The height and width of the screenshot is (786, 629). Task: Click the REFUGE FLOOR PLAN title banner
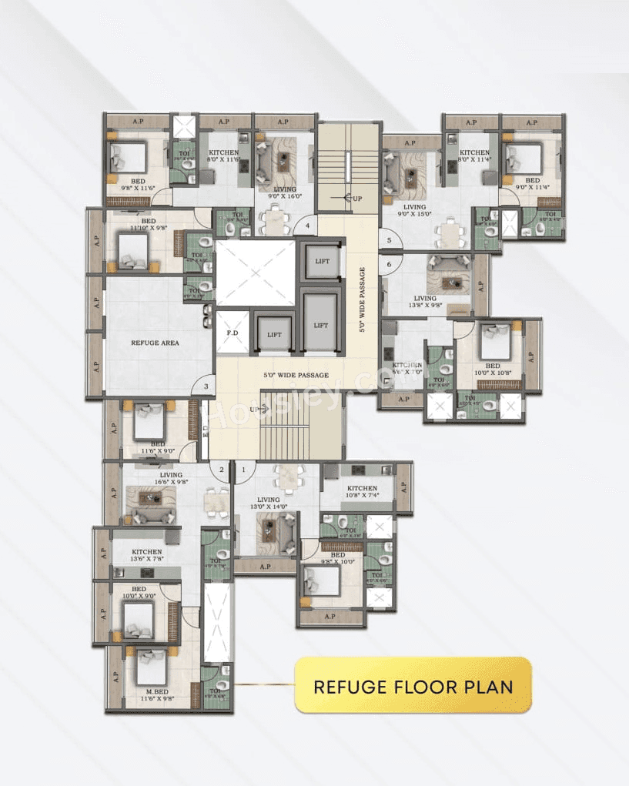click(413, 685)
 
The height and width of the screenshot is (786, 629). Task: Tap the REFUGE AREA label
click(155, 343)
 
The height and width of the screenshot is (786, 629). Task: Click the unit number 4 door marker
click(308, 226)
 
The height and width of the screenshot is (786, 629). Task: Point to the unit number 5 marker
click(390, 241)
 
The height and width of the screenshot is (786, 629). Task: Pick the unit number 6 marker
click(390, 264)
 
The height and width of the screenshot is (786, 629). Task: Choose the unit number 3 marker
click(206, 386)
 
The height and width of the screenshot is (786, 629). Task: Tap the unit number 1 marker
click(244, 470)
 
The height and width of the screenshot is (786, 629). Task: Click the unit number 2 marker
click(222, 470)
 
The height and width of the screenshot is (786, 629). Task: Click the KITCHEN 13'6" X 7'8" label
click(146, 555)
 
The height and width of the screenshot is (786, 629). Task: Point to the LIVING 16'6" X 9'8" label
click(171, 479)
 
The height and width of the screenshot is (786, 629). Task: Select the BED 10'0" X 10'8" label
click(492, 370)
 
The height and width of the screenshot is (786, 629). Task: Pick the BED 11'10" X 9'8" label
click(149, 224)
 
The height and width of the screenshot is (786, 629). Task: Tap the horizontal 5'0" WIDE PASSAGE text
click(297, 375)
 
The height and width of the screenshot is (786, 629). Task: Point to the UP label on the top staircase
click(357, 199)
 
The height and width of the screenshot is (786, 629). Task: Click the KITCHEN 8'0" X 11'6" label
click(224, 156)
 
